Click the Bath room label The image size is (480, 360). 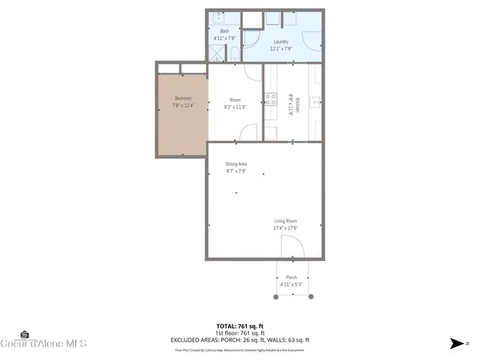(x=224, y=31)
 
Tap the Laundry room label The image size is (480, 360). (x=281, y=42)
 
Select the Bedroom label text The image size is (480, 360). (x=183, y=98)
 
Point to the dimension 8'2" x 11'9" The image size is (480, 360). (x=235, y=106)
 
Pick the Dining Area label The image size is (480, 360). (x=236, y=163)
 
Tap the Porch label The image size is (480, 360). (x=291, y=277)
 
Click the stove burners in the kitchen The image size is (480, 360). (x=270, y=97)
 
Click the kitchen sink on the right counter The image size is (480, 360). (x=316, y=101)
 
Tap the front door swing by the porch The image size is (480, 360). (x=290, y=247)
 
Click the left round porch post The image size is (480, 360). (x=276, y=297)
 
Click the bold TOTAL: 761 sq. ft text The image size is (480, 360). (x=239, y=325)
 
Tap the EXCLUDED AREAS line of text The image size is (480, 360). (x=239, y=340)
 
